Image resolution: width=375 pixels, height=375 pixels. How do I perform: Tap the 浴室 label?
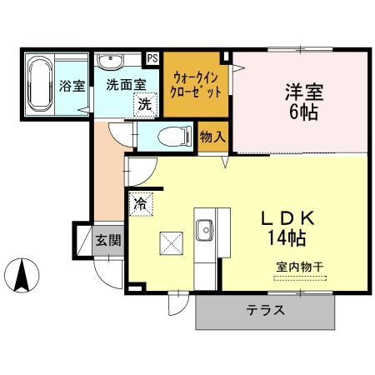(x=72, y=85)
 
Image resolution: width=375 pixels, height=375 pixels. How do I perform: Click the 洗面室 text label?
(x=125, y=85)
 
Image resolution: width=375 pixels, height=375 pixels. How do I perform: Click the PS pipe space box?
(x=152, y=58)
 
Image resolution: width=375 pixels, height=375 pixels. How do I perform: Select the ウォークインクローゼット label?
(x=196, y=83)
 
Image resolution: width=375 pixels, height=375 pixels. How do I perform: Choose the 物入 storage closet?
(x=212, y=136)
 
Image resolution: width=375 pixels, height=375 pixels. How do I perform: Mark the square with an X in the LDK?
(x=171, y=242)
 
